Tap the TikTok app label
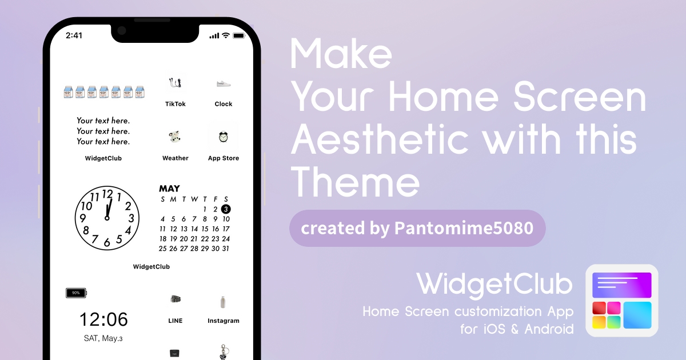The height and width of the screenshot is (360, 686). [175, 104]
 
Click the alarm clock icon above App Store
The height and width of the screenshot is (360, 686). [224, 137]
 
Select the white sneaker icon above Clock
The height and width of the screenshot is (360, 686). [224, 83]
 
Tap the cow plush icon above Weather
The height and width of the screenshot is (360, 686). [175, 137]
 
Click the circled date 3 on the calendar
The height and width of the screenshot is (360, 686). [226, 209]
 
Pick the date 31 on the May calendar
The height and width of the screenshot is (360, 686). [226, 249]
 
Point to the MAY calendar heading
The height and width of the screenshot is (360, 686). [169, 188]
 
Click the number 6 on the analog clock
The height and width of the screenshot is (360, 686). [106, 243]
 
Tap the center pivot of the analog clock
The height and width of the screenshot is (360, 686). [107, 218]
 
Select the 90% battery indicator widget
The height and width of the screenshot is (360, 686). [76, 293]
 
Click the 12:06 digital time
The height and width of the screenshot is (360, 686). [103, 319]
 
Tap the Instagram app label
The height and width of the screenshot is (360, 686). [224, 321]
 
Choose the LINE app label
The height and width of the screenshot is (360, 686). [175, 321]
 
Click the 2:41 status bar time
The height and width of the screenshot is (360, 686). [74, 35]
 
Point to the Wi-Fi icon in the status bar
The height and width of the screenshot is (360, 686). [226, 35]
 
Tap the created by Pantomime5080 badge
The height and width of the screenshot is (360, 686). [417, 228]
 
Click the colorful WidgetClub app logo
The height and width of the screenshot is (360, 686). [622, 301]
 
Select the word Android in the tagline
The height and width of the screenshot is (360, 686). [549, 329]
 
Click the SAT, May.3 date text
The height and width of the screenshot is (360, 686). [103, 338]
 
